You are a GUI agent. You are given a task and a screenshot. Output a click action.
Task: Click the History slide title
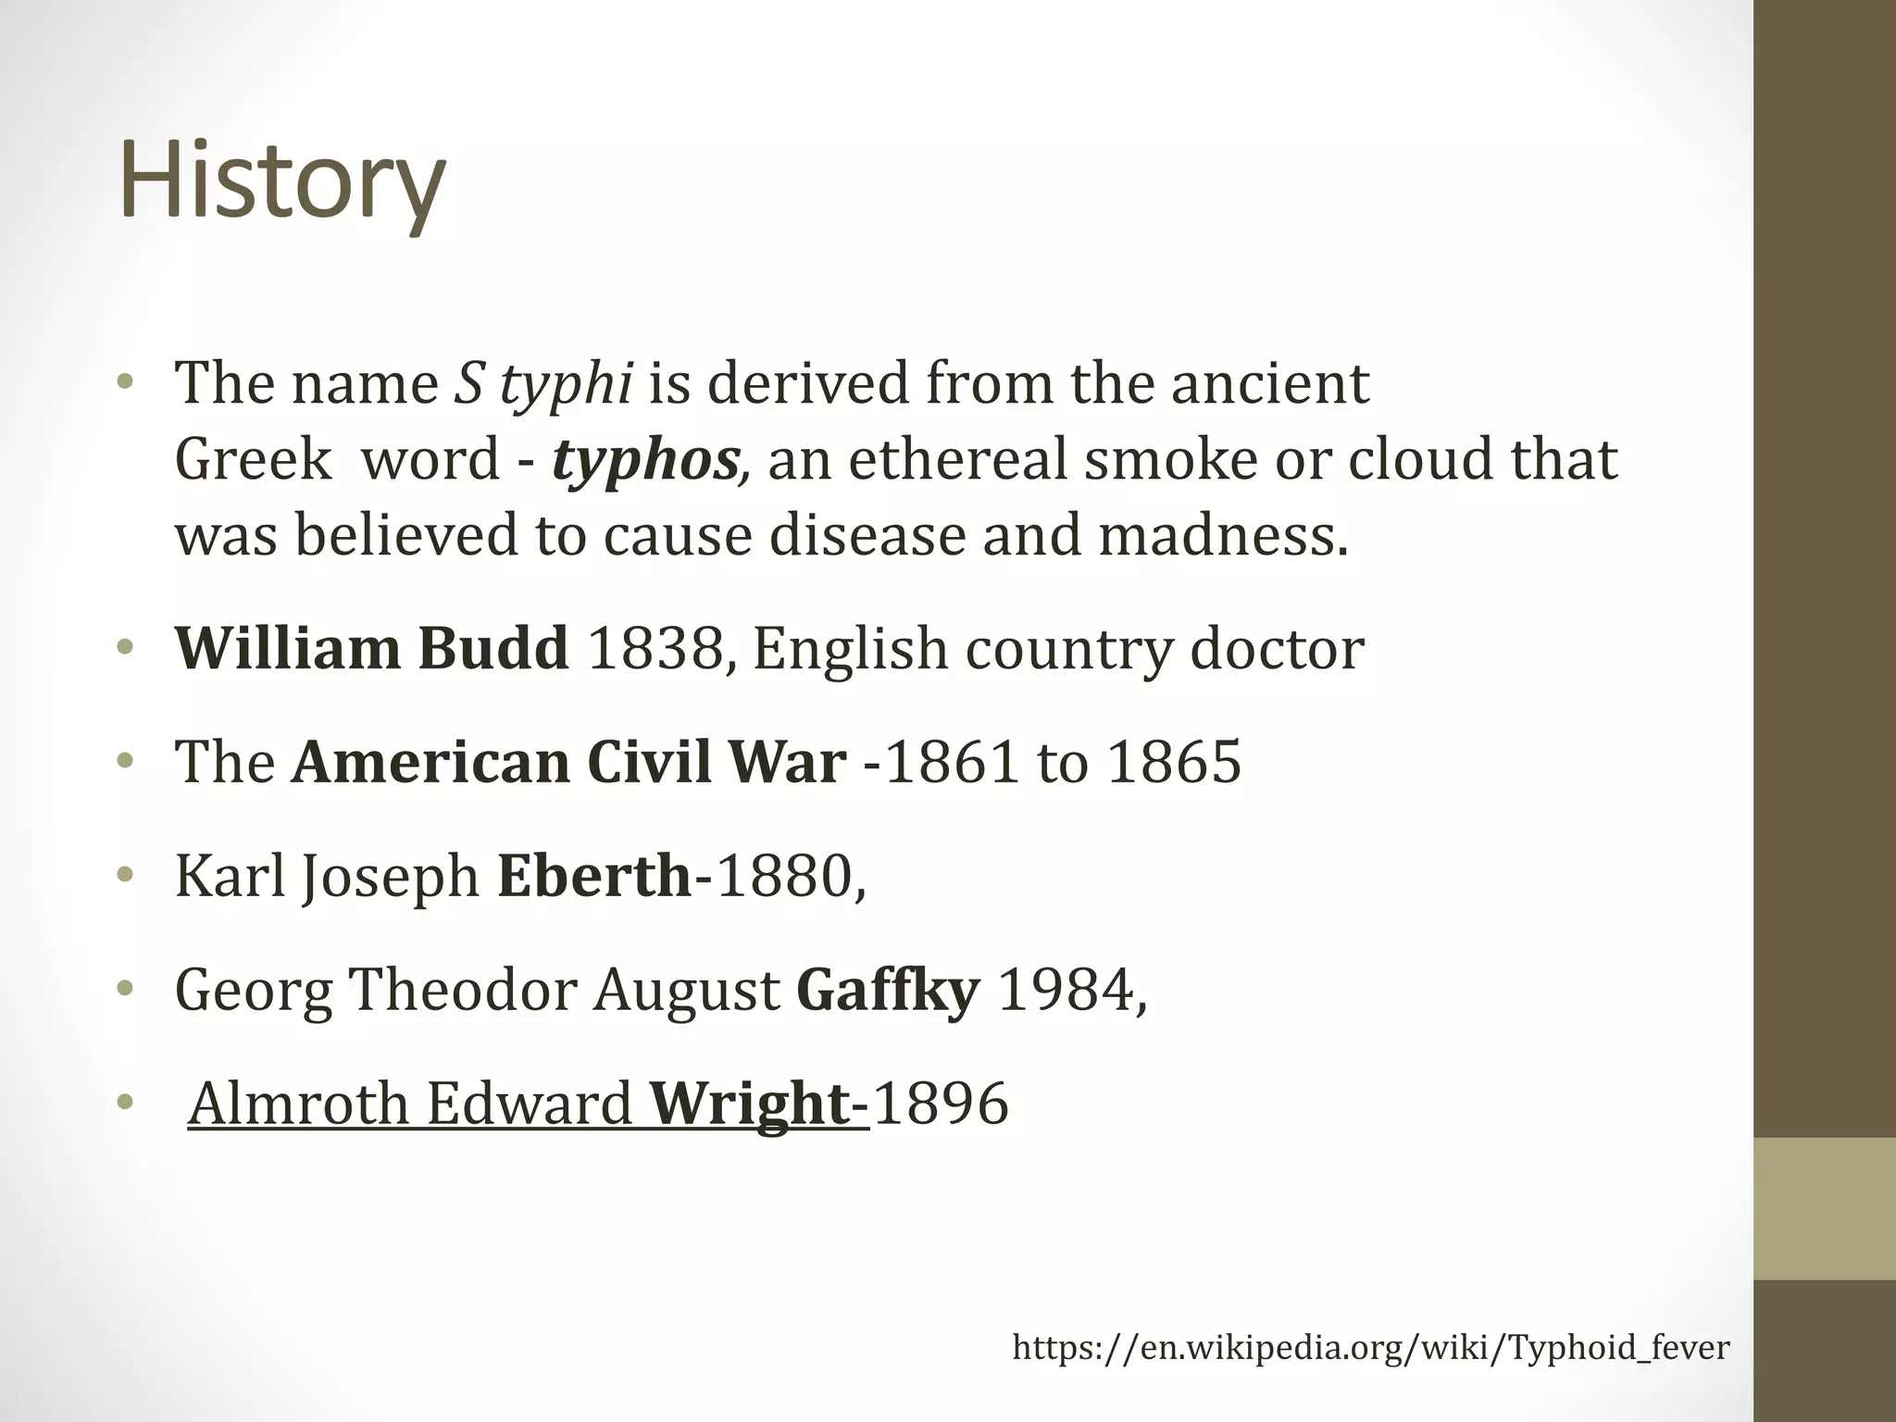[282, 181]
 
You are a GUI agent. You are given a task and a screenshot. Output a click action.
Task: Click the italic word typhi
[566, 384]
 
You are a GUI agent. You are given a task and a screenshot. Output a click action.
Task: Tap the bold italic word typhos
[645, 460]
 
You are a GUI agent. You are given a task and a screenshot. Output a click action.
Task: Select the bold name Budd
[493, 648]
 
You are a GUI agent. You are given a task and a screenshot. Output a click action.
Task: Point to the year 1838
[655, 648]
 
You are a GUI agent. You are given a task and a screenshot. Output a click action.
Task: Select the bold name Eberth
[594, 876]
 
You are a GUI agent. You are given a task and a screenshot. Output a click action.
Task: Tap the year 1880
[785, 876]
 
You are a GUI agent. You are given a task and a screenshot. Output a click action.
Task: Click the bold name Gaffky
[888, 990]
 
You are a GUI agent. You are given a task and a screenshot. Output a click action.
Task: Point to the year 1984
[1066, 990]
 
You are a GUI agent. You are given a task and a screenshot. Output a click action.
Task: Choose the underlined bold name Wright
[750, 1104]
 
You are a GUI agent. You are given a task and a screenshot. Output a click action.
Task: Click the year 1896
[940, 1104]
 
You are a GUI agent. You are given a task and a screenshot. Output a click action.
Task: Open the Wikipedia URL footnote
[1370, 1347]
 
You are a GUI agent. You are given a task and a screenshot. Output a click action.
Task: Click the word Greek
[253, 460]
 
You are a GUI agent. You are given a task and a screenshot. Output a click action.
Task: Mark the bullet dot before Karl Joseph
[126, 875]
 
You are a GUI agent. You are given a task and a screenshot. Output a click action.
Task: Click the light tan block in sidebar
[1824, 1208]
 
